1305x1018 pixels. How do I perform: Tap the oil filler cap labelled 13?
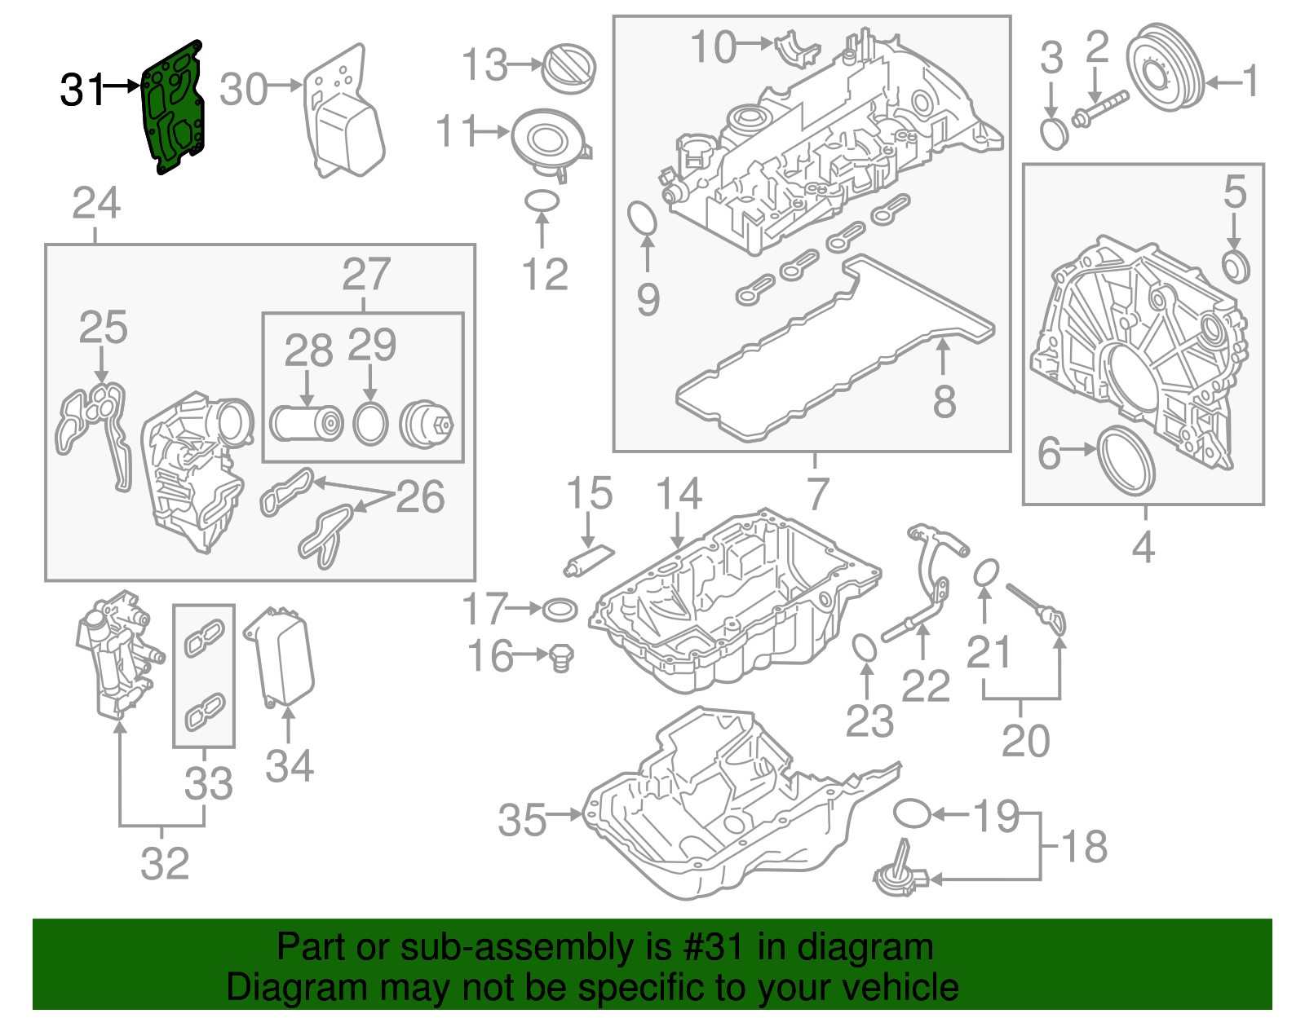click(569, 68)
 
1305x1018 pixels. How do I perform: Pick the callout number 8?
click(944, 401)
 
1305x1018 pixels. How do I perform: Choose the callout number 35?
click(522, 819)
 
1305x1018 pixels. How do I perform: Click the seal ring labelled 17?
click(560, 609)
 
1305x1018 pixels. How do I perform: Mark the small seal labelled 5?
click(1236, 267)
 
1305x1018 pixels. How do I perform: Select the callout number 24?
click(96, 203)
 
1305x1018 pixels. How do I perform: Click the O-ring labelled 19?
click(912, 813)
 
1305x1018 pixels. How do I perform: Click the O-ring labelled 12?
click(542, 200)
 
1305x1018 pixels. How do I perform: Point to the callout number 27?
click(366, 275)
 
